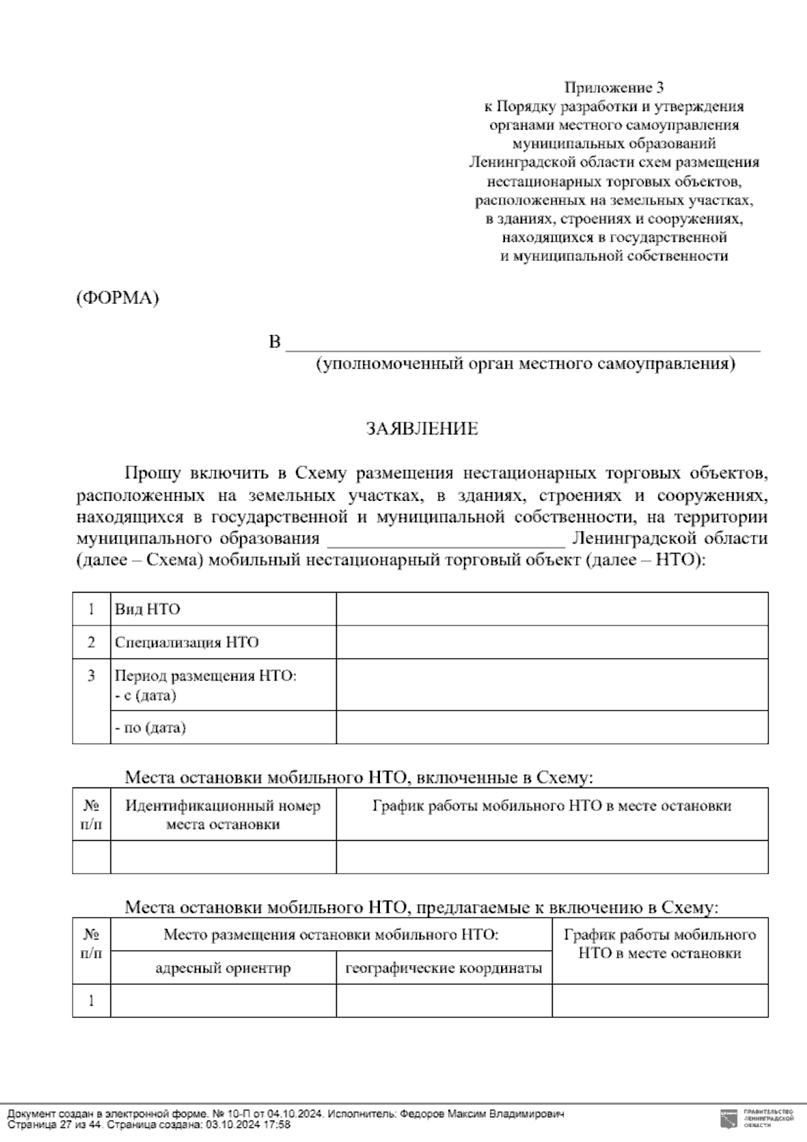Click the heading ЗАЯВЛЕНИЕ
(422, 429)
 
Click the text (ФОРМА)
(117, 298)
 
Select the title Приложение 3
(614, 87)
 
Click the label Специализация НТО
(186, 642)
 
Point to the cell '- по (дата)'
(151, 728)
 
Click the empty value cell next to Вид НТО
(551, 609)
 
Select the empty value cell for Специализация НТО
(551, 642)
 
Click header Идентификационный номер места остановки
(223, 814)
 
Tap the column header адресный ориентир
(223, 968)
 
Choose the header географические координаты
(443, 968)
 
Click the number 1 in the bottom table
(91, 1001)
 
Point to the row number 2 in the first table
(91, 642)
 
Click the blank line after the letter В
(523, 344)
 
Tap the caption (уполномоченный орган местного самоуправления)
(526, 364)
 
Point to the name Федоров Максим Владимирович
(482, 1114)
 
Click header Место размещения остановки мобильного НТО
(331, 935)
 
